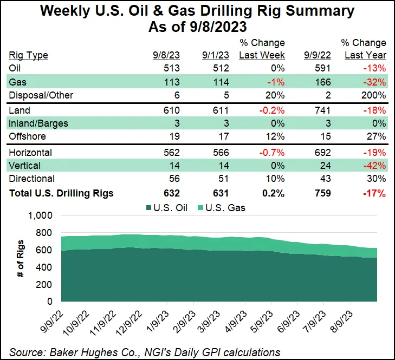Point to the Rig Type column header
point(29,55)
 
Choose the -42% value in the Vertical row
point(374,165)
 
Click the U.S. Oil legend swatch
point(148,207)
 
